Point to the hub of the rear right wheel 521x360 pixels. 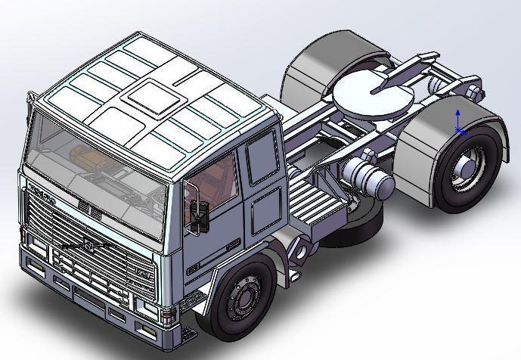click(464, 169)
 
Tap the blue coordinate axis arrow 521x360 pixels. click(458, 119)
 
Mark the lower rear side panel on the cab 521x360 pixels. click(265, 208)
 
